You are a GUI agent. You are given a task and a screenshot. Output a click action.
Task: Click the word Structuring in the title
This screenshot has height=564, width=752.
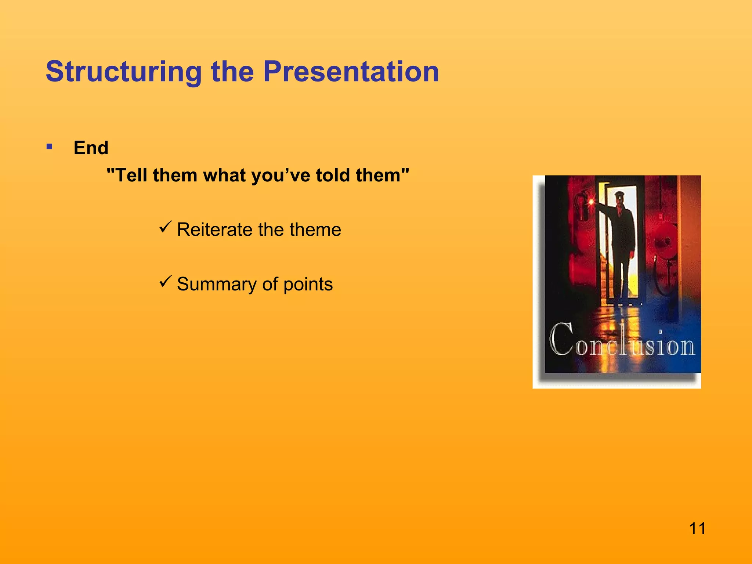[x=123, y=72]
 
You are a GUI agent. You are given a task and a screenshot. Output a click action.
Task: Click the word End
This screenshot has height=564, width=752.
[x=91, y=148]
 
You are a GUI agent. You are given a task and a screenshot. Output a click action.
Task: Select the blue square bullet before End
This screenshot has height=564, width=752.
[x=50, y=147]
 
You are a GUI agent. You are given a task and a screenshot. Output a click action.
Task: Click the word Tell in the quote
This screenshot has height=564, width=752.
[x=131, y=175]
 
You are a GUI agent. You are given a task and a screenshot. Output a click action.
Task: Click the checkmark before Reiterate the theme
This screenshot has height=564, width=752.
[x=166, y=227]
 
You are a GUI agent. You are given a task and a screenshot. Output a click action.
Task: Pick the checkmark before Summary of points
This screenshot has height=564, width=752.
[x=166, y=282]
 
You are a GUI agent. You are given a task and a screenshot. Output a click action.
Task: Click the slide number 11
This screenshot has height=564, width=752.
[x=697, y=529]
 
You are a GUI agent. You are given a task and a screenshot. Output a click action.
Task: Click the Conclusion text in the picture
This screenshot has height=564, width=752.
[x=622, y=341]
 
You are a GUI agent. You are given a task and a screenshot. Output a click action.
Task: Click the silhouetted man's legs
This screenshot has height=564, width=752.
[x=622, y=279]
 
